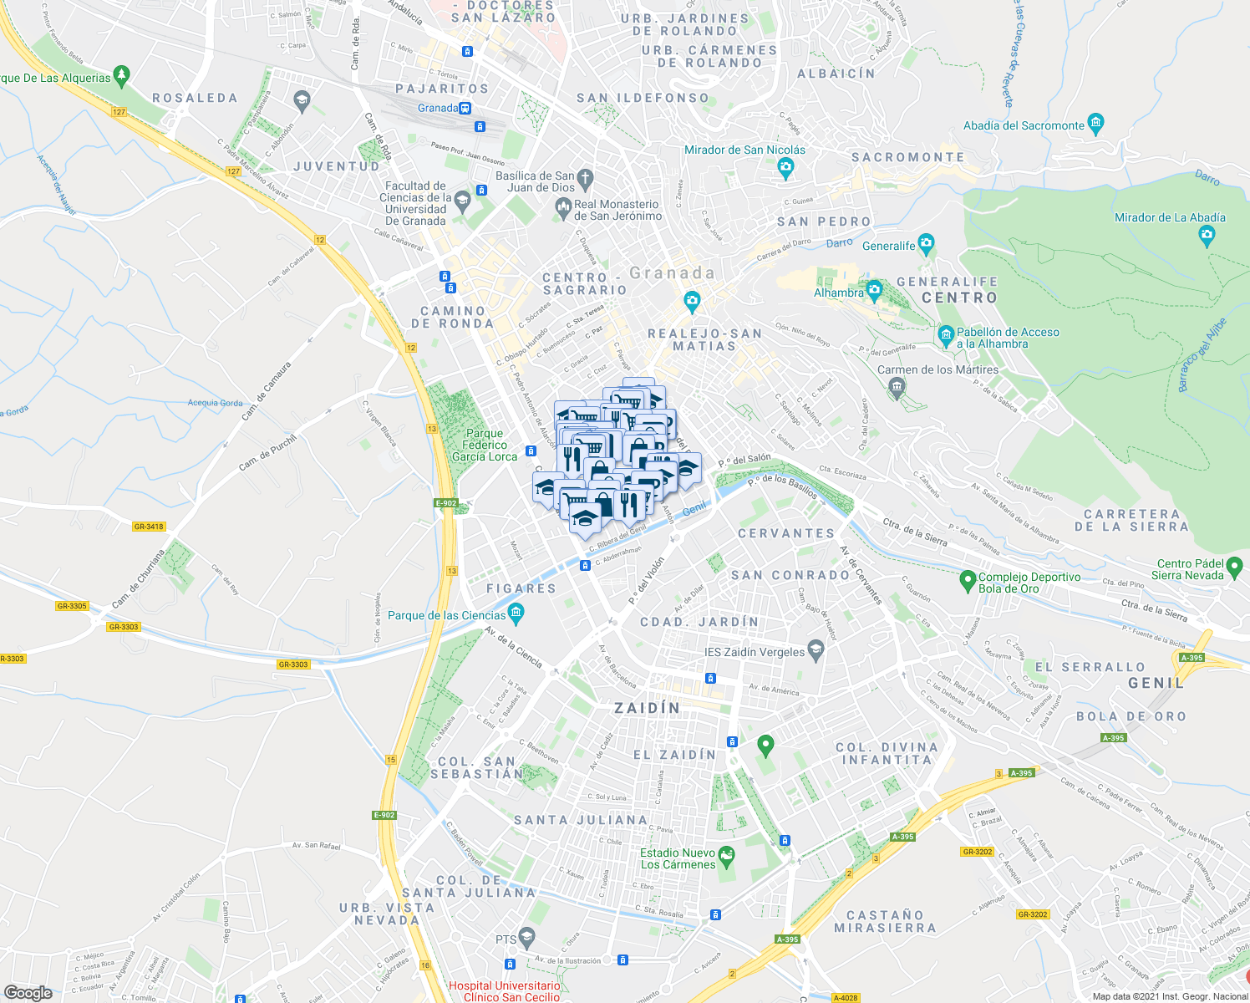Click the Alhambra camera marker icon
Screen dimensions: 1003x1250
coord(874,292)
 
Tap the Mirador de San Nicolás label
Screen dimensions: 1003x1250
coord(744,150)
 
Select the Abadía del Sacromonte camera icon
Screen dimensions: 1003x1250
coord(1096,125)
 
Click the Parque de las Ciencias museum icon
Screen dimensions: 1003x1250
coord(516,614)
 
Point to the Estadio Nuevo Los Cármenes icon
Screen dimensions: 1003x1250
coord(726,858)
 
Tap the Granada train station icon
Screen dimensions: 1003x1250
coord(465,108)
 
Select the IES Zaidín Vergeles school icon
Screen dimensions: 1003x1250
coord(816,650)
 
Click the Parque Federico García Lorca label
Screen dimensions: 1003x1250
coord(485,445)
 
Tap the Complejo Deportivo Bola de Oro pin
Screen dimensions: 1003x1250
coord(968,578)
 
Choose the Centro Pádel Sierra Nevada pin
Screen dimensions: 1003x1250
coord(1235,568)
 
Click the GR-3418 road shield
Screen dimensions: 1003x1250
coord(149,527)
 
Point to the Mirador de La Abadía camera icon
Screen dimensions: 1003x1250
coord(1206,234)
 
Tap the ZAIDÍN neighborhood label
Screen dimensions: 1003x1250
coord(647,708)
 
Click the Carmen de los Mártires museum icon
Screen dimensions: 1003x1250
coord(897,386)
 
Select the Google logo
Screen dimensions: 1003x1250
coord(28,992)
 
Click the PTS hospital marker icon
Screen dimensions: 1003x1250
coord(526,936)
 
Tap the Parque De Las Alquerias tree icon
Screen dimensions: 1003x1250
coord(122,76)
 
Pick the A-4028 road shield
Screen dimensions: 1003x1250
coord(846,997)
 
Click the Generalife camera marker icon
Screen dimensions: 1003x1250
coord(925,244)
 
